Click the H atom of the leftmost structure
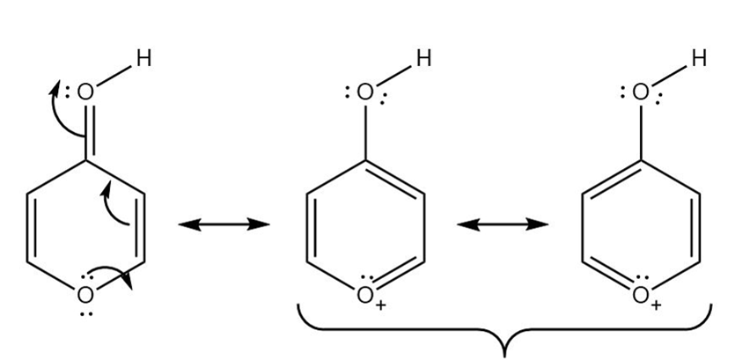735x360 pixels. [x=143, y=59]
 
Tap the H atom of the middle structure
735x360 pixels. [x=423, y=59]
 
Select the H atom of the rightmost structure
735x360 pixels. [x=699, y=59]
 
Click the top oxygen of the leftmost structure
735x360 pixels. [x=85, y=92]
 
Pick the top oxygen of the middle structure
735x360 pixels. [x=365, y=92]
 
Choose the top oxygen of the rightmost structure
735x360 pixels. [x=641, y=92]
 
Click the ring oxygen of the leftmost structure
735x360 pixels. [x=85, y=294]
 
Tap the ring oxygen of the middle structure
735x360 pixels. [x=365, y=294]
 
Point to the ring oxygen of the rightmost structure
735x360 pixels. [x=641, y=294]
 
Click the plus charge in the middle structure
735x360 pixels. [x=381, y=305]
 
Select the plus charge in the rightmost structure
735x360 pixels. [x=657, y=305]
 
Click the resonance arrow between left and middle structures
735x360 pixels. [x=224, y=225]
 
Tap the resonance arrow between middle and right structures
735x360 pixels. [x=503, y=225]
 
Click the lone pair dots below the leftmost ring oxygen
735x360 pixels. [x=85, y=312]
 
